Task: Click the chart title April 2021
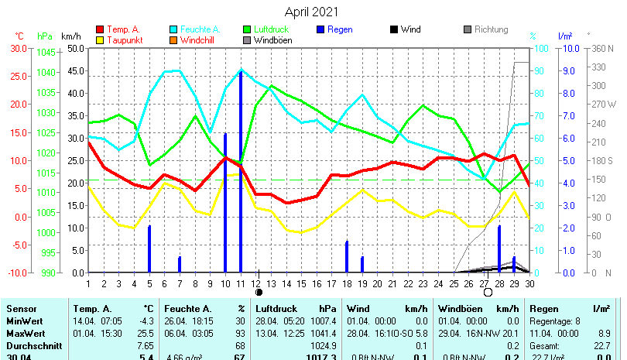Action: pyautogui.click(x=311, y=12)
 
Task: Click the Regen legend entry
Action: pyautogui.click(x=340, y=29)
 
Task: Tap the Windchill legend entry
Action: pyautogui.click(x=199, y=40)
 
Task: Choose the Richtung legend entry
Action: pyautogui.click(x=491, y=29)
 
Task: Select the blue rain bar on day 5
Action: pyautogui.click(x=149, y=249)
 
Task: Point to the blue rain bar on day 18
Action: pyautogui.click(x=347, y=256)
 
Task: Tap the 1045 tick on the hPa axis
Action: pyautogui.click(x=46, y=53)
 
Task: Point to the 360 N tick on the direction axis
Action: pyautogui.click(x=602, y=48)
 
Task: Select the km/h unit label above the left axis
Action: pyautogui.click(x=71, y=36)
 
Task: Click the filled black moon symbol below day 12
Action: pyautogui.click(x=259, y=293)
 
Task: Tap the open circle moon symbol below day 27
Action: pyautogui.click(x=488, y=293)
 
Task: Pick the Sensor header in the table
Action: pyautogui.click(x=21, y=309)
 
